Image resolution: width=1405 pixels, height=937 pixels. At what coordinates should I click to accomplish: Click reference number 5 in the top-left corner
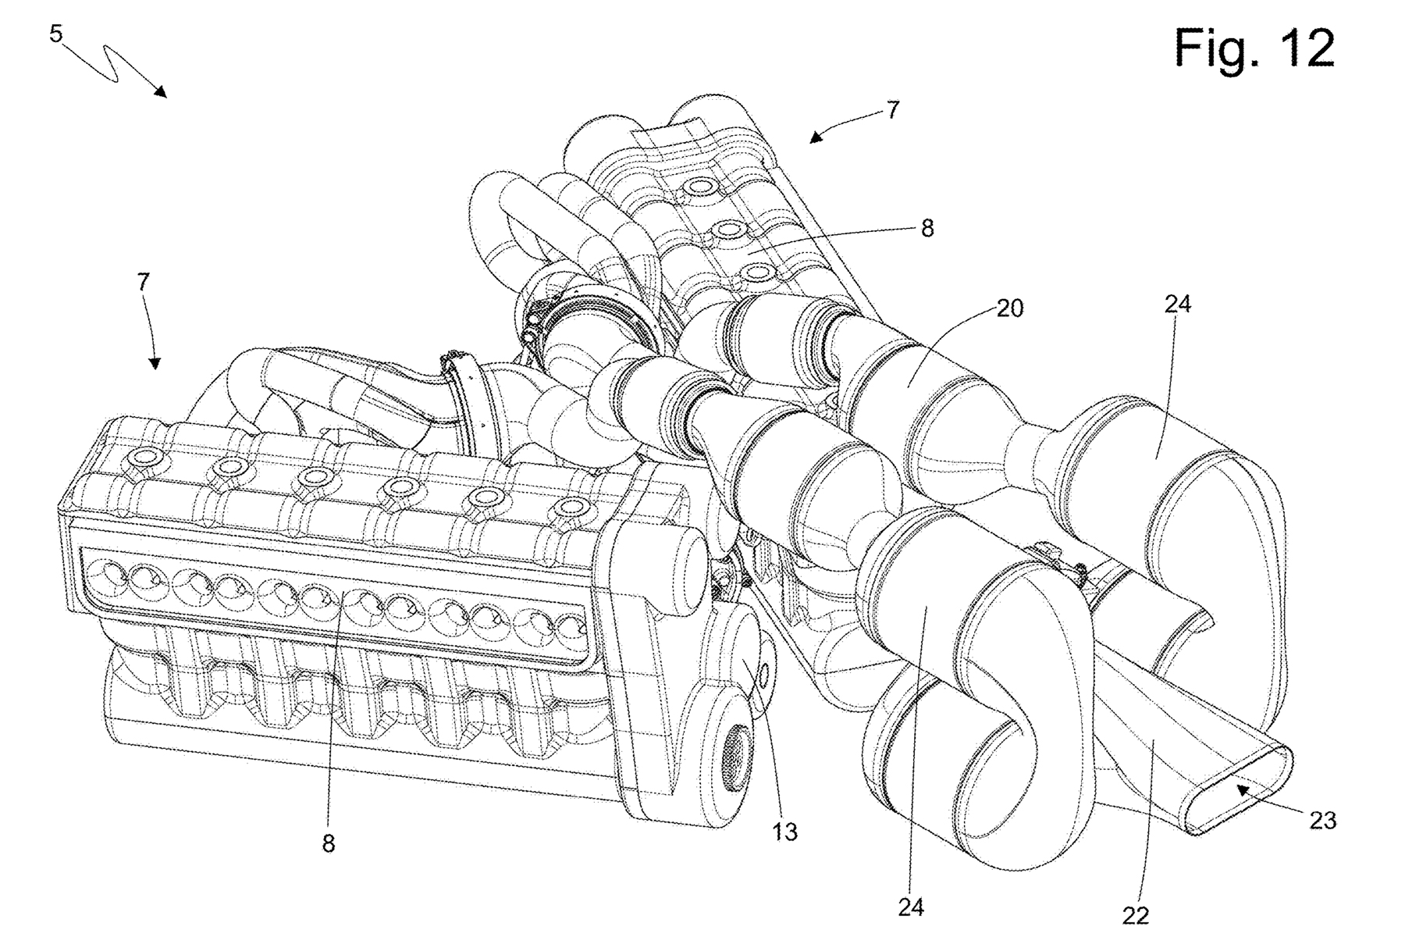coord(55,35)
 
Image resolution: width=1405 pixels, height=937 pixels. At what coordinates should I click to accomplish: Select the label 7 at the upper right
coord(893,110)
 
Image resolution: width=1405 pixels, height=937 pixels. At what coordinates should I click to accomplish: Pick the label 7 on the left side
coord(143,282)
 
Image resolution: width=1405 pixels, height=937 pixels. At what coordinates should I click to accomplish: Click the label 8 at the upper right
coord(927,230)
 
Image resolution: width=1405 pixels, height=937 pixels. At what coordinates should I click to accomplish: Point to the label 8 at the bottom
coord(329,843)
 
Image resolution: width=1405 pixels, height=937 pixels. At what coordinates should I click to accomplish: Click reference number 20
coord(1009,308)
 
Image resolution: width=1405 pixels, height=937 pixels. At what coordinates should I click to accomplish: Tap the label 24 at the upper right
coord(1177,304)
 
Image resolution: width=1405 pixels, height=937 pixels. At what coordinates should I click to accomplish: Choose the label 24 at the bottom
coord(911,908)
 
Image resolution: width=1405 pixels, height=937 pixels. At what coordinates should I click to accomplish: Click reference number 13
coord(785,832)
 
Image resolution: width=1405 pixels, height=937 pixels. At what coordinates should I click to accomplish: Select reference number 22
coord(1136,915)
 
